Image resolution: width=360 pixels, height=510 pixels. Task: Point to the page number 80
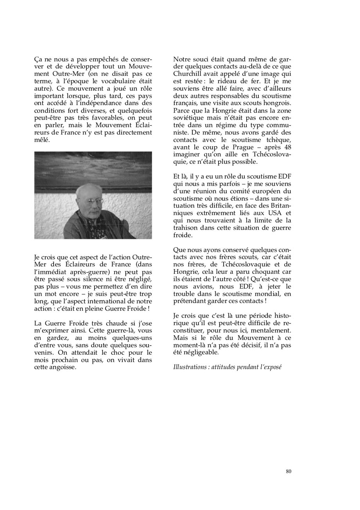288,471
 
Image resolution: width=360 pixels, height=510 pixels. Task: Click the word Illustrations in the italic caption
191,367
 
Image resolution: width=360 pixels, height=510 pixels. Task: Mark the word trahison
186,228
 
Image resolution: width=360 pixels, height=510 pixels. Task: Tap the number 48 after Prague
287,147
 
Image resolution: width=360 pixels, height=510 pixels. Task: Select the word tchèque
279,140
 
